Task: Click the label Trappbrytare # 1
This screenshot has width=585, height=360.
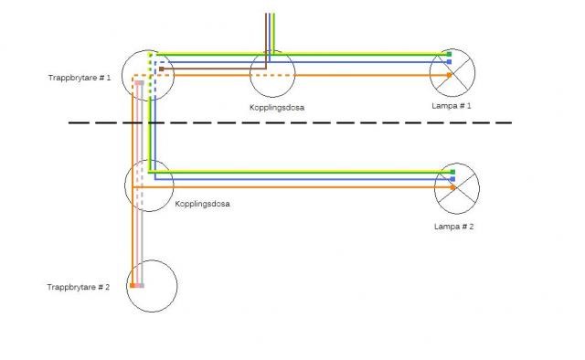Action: (80, 78)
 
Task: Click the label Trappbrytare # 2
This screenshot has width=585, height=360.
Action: (79, 287)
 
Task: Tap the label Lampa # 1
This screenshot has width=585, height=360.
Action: (452, 106)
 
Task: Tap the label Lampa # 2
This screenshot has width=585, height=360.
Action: (454, 227)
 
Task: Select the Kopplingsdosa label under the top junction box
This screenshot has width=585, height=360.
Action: (277, 108)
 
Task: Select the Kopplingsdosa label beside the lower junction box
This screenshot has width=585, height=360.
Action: (202, 204)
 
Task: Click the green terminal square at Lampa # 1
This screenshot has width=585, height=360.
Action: (449, 55)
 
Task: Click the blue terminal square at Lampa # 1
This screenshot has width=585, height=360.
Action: (449, 62)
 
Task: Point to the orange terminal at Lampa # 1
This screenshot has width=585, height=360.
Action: (450, 75)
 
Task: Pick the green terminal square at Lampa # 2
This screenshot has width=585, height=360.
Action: (453, 172)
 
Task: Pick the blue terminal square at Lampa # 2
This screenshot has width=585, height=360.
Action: (453, 179)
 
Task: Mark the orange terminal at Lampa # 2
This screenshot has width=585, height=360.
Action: (453, 187)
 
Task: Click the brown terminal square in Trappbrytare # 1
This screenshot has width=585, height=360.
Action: (161, 69)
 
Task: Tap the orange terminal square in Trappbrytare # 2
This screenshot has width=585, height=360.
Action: (132, 285)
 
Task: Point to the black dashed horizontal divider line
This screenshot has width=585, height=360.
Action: (290, 122)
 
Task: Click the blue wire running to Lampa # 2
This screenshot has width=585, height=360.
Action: (303, 179)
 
